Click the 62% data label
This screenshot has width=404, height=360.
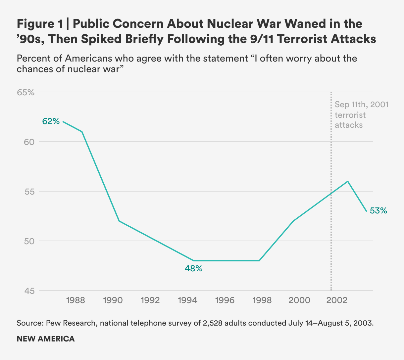(x=51, y=121)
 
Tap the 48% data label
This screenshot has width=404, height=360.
(x=193, y=269)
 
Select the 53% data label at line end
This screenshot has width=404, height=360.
(x=378, y=210)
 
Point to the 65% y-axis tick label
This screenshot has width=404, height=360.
(x=25, y=92)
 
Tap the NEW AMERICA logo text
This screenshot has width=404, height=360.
(x=46, y=339)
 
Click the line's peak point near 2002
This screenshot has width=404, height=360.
(x=348, y=181)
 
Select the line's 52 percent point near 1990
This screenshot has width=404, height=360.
(x=119, y=221)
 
